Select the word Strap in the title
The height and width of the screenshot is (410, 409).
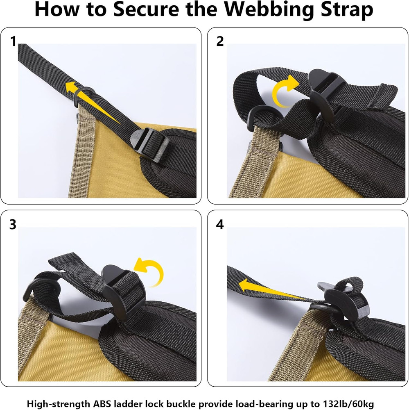click(x=345, y=10)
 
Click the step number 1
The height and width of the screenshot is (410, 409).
click(x=13, y=41)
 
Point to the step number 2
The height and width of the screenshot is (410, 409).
click(x=220, y=41)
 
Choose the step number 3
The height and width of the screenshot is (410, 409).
click(x=13, y=225)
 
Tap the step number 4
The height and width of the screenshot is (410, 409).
click(x=220, y=225)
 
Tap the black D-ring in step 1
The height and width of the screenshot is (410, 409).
click(x=84, y=96)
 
